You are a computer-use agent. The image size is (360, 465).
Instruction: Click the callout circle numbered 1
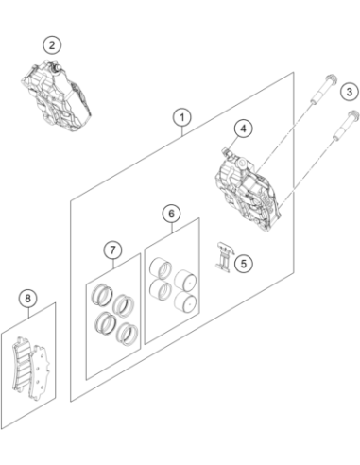pyautogui.click(x=182, y=117)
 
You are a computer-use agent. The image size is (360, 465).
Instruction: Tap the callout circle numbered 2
pyautogui.click(x=52, y=45)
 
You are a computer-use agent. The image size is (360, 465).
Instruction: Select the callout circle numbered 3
pyautogui.click(x=350, y=92)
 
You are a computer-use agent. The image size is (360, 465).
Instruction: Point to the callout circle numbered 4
pyautogui.click(x=243, y=129)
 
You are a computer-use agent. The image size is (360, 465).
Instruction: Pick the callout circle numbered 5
pyautogui.click(x=244, y=264)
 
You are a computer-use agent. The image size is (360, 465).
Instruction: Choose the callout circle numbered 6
pyautogui.click(x=171, y=214)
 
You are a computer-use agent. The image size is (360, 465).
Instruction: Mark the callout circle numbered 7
pyautogui.click(x=113, y=250)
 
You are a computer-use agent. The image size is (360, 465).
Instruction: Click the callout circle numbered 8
pyautogui.click(x=27, y=298)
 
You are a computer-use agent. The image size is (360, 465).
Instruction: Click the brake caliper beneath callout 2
pyautogui.click(x=56, y=95)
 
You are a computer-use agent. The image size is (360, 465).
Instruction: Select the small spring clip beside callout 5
pyautogui.click(x=225, y=256)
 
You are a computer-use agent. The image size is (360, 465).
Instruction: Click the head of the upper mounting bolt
pyautogui.click(x=331, y=77)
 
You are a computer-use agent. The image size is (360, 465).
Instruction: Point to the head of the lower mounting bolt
pyautogui.click(x=353, y=114)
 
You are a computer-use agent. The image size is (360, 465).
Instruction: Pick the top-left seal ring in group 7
pyautogui.click(x=102, y=295)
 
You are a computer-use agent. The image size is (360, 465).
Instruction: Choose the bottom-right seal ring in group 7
pyautogui.click(x=127, y=334)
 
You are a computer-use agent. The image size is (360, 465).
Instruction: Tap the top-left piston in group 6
pyautogui.click(x=161, y=268)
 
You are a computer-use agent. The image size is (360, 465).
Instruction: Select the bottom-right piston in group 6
pyautogui.click(x=185, y=301)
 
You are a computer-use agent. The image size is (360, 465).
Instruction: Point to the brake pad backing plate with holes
pyautogui.click(x=39, y=372)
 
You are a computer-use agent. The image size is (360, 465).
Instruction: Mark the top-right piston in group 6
pyautogui.click(x=185, y=281)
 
